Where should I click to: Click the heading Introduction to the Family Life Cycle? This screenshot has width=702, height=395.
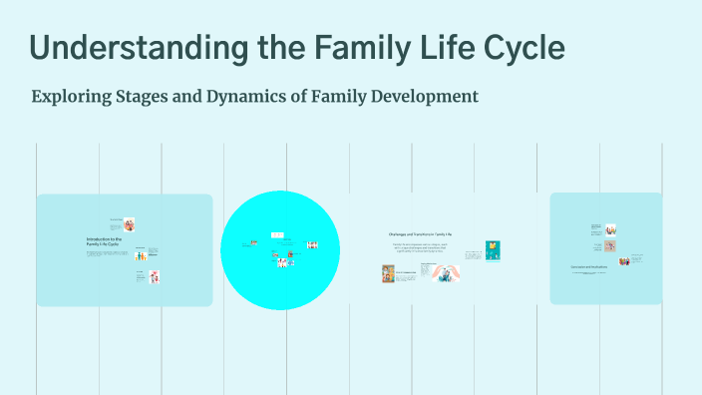(x=103, y=242)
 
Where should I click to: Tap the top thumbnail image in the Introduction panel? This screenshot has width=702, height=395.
(x=130, y=224)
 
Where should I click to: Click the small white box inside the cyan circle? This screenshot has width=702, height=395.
(x=276, y=235)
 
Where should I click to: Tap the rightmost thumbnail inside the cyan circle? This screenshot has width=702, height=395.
(x=312, y=244)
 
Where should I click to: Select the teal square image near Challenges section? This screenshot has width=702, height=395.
(x=493, y=250)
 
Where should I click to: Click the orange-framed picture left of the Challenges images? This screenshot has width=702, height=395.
(x=388, y=273)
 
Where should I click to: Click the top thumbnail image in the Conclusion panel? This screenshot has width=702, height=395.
(x=608, y=229)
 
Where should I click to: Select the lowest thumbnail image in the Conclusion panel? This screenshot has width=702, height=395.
(x=624, y=261)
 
